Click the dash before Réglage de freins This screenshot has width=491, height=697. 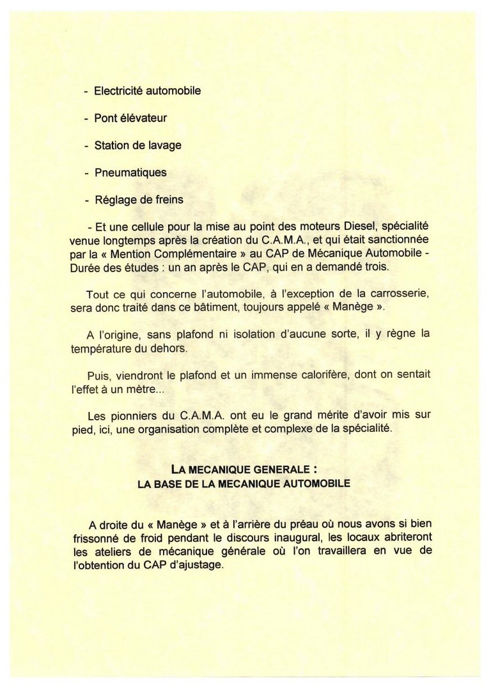pyautogui.click(x=86, y=200)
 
